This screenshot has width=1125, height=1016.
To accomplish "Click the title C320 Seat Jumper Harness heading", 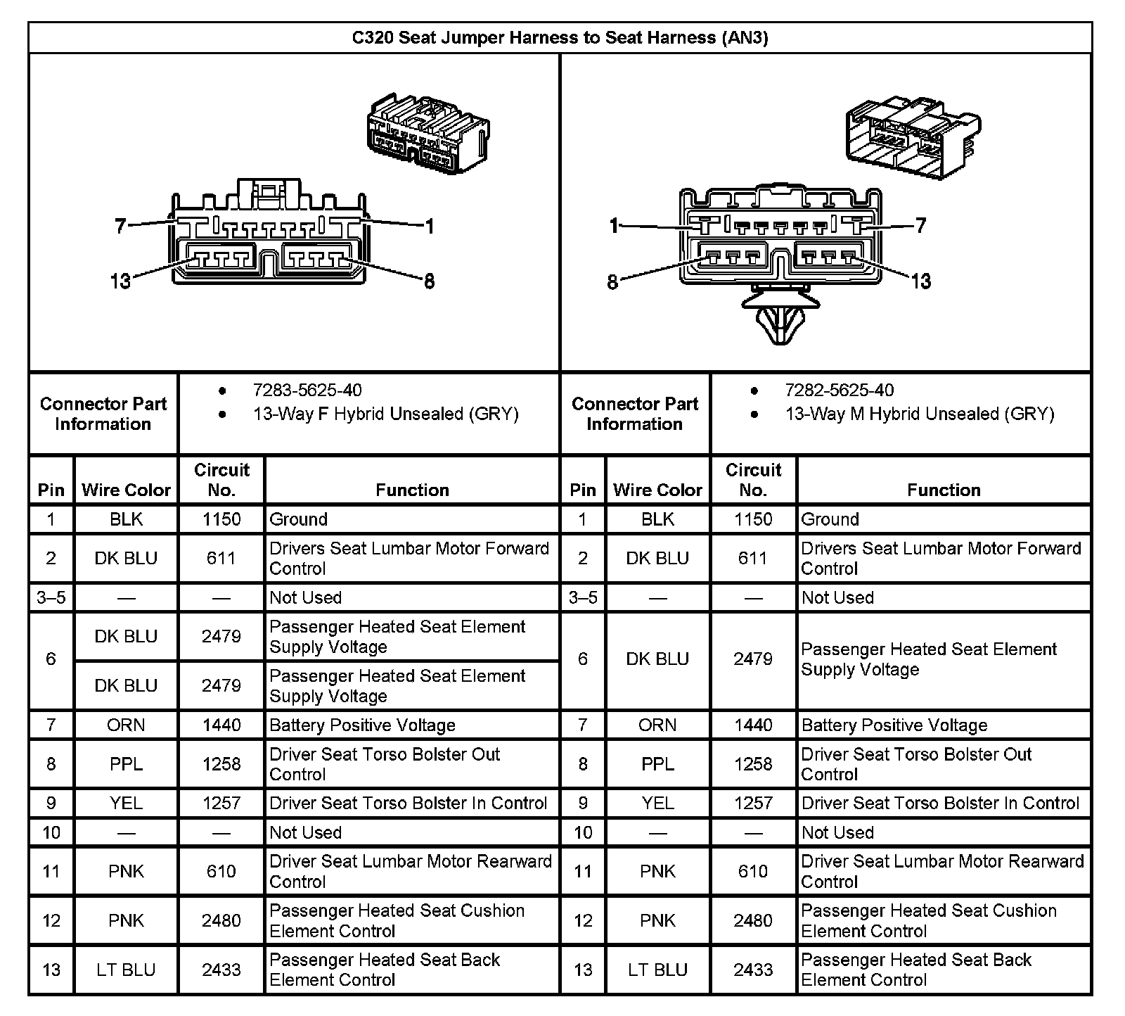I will tap(560, 38).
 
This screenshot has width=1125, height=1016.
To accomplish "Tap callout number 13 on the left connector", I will tap(120, 281).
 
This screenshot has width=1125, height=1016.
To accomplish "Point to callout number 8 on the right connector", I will tap(612, 282).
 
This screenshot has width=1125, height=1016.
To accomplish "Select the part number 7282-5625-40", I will tap(840, 390).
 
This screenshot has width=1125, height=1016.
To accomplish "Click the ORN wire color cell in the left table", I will tap(126, 725).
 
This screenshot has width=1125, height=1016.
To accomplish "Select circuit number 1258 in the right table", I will tap(753, 764).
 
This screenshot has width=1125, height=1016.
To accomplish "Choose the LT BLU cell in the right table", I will tap(657, 970).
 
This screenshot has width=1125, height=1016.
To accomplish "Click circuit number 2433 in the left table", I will tap(221, 970).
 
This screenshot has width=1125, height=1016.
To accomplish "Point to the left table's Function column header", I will tap(412, 490).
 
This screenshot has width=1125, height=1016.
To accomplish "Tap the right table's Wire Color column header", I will tap(657, 490).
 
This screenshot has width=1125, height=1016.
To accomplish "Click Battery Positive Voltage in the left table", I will tap(362, 725).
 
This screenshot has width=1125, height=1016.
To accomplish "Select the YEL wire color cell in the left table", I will tap(126, 804).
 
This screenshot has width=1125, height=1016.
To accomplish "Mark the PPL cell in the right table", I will tap(657, 764).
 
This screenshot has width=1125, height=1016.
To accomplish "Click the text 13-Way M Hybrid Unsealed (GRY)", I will tap(920, 414).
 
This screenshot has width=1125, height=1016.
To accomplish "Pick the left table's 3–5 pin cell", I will tap(51, 597).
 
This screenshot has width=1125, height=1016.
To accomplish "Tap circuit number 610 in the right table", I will tap(753, 871).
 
